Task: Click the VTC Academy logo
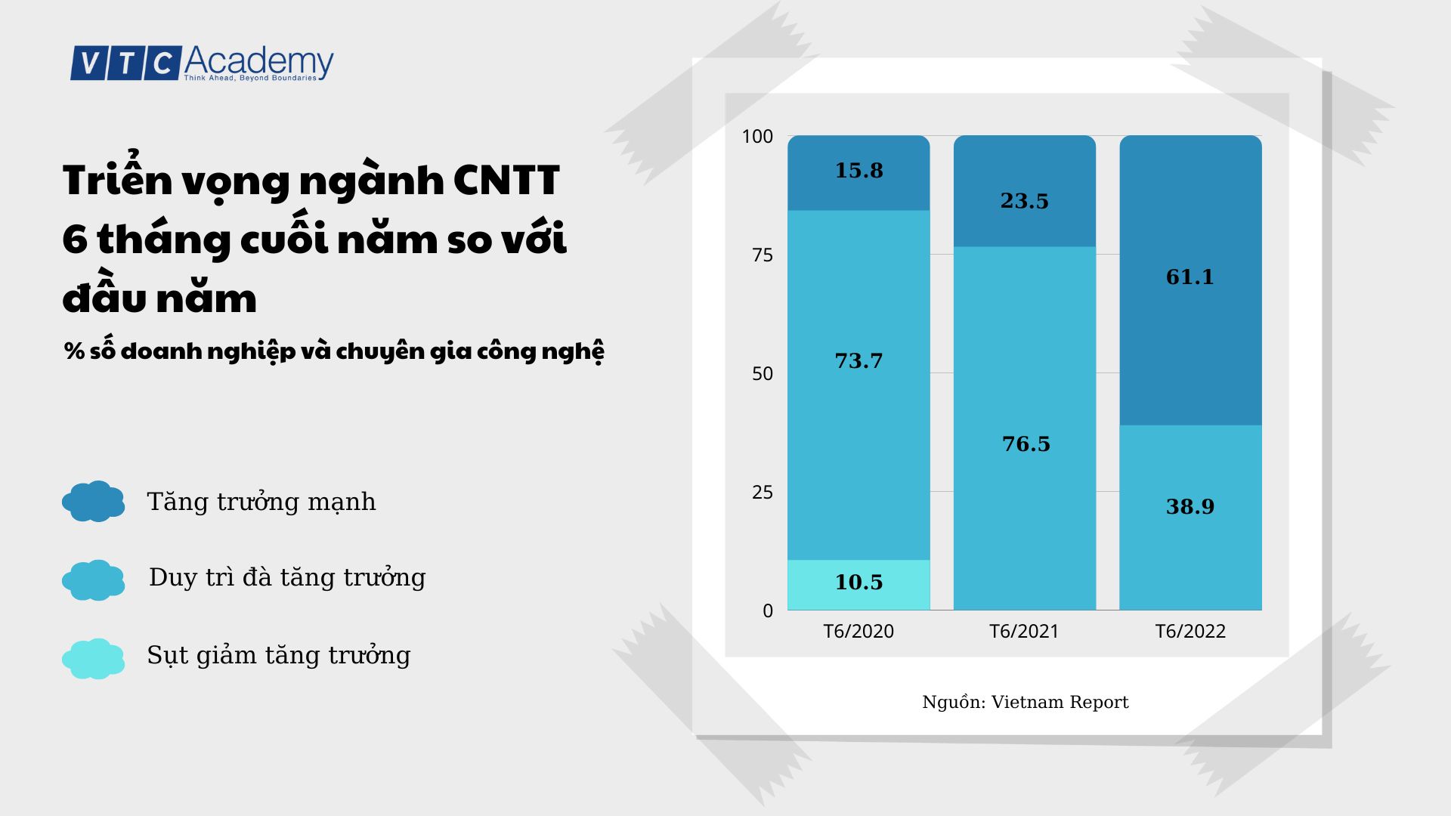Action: pyautogui.click(x=202, y=63)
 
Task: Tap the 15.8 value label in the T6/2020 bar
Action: pyautogui.click(x=859, y=171)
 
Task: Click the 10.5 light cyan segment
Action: pyautogui.click(x=859, y=583)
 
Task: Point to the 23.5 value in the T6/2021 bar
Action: pyautogui.click(x=1024, y=201)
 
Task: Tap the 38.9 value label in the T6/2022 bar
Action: pyautogui.click(x=1190, y=506)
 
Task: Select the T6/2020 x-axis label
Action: pyautogui.click(x=858, y=632)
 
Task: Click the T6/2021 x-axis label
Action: pyautogui.click(x=1024, y=632)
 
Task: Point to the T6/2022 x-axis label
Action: pyautogui.click(x=1190, y=632)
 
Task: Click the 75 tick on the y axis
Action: pyautogui.click(x=763, y=255)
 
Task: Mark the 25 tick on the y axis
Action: pyautogui.click(x=763, y=493)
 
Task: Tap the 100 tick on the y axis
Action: pyautogui.click(x=757, y=137)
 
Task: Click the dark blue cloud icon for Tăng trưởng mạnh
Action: pyautogui.click(x=94, y=501)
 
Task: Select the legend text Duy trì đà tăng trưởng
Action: pyautogui.click(x=287, y=577)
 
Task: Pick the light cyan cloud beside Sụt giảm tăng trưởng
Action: pyautogui.click(x=94, y=658)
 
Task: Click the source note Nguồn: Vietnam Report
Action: pyautogui.click(x=1025, y=702)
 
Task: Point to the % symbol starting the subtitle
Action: pyautogui.click(x=74, y=351)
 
